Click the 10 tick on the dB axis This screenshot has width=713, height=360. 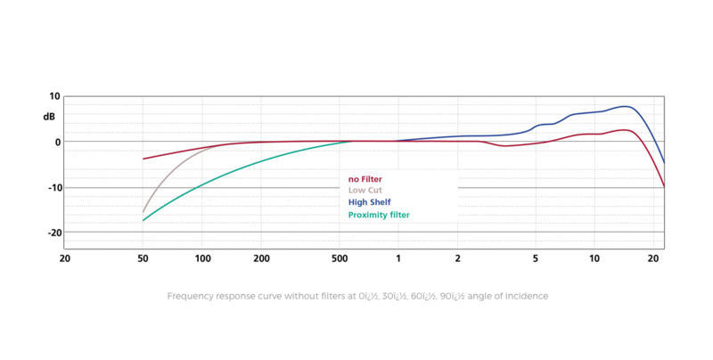[54, 96]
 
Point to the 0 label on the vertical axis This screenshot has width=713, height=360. [57, 142]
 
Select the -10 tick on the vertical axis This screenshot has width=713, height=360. [53, 187]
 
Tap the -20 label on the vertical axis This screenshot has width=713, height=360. [53, 233]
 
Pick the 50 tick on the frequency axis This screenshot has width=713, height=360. [143, 258]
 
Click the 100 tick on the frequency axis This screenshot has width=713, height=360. [202, 258]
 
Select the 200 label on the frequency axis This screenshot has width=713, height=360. [261, 258]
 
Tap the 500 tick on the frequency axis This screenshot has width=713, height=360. [339, 258]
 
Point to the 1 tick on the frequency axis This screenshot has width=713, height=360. [398, 258]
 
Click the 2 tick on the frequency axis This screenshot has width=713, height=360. [457, 258]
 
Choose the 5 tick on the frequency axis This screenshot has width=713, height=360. [535, 258]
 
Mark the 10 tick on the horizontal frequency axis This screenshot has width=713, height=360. [594, 258]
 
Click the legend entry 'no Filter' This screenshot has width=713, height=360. [365, 179]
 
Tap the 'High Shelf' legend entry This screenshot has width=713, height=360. [369, 202]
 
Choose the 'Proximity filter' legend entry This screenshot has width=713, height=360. [379, 215]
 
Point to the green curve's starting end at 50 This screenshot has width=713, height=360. [143, 220]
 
